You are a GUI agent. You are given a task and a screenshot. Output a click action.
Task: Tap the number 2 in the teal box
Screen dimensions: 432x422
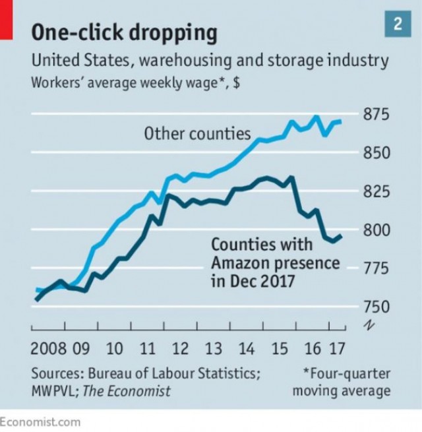pyautogui.click(x=398, y=25)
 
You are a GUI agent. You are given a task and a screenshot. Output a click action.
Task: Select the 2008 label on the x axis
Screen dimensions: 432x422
pyautogui.click(x=47, y=348)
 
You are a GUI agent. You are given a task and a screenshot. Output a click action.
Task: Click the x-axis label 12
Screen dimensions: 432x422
pyautogui.click(x=180, y=348)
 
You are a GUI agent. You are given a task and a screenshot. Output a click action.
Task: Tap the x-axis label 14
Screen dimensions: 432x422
pyautogui.click(x=247, y=348)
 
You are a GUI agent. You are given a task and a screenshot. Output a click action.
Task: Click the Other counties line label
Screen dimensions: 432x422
pyautogui.click(x=197, y=134)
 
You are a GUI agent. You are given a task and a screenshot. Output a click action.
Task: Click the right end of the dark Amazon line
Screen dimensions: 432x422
pyautogui.click(x=341, y=236)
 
